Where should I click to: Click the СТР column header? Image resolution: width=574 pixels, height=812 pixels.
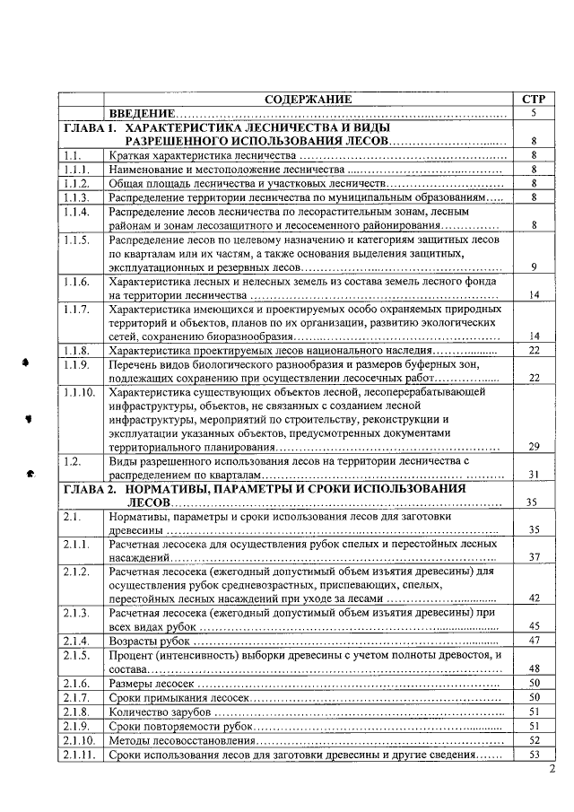[x=533, y=100]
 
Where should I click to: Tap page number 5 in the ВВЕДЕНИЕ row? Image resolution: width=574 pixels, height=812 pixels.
[x=533, y=114]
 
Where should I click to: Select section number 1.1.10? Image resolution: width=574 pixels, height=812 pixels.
[x=80, y=391]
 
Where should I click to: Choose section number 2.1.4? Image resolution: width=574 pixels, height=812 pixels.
[x=77, y=641]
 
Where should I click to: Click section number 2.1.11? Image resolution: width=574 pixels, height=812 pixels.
[x=80, y=755]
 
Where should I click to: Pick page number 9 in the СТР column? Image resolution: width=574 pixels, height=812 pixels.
[x=533, y=267]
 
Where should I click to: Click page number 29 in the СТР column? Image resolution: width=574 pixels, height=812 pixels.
[x=533, y=446]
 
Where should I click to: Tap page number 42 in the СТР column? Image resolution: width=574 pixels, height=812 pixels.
[x=533, y=598]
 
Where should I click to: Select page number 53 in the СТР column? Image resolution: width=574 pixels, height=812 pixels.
[x=533, y=755]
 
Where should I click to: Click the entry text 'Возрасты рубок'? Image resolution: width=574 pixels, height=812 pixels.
[x=149, y=641]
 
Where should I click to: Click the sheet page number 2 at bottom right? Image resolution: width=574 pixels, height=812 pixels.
[x=552, y=769]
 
